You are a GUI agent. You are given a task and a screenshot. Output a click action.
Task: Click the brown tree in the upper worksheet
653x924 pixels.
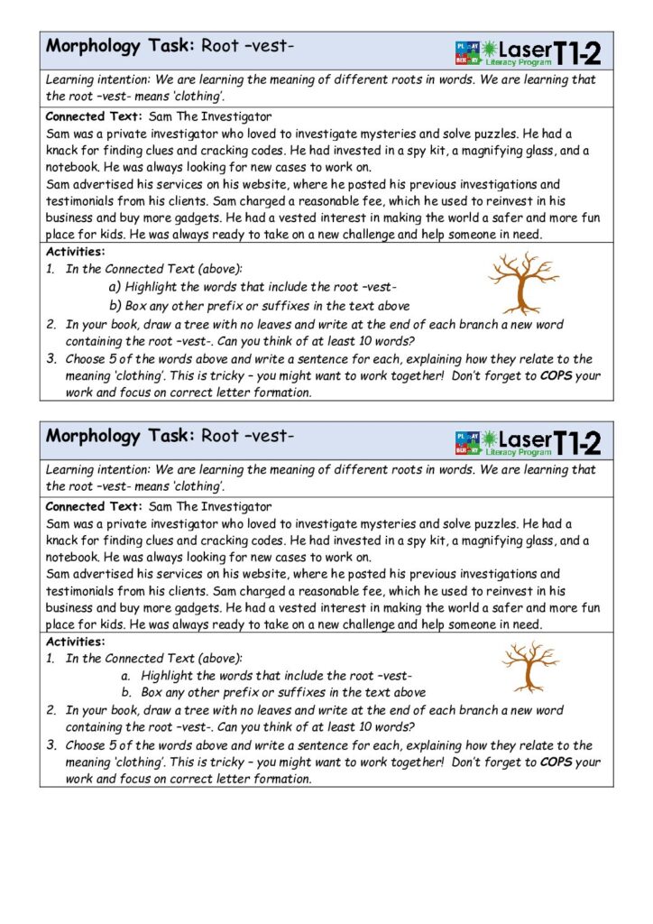(x=521, y=282)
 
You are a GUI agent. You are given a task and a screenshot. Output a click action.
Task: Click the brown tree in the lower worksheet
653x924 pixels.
(x=529, y=667)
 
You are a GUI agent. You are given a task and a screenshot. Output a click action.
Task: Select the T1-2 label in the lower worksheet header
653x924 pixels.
(x=576, y=442)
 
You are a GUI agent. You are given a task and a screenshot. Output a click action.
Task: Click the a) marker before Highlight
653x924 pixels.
(x=115, y=287)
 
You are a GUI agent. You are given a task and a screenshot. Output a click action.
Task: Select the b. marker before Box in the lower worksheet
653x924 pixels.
(x=126, y=693)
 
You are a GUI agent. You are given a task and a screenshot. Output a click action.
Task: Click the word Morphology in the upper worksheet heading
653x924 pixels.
(x=93, y=45)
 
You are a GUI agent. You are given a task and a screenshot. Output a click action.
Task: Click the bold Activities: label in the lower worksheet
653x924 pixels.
(x=75, y=642)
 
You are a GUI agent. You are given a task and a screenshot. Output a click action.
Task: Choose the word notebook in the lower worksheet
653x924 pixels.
(x=72, y=558)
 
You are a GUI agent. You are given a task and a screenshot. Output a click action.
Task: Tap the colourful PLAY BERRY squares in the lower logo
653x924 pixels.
(x=466, y=442)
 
